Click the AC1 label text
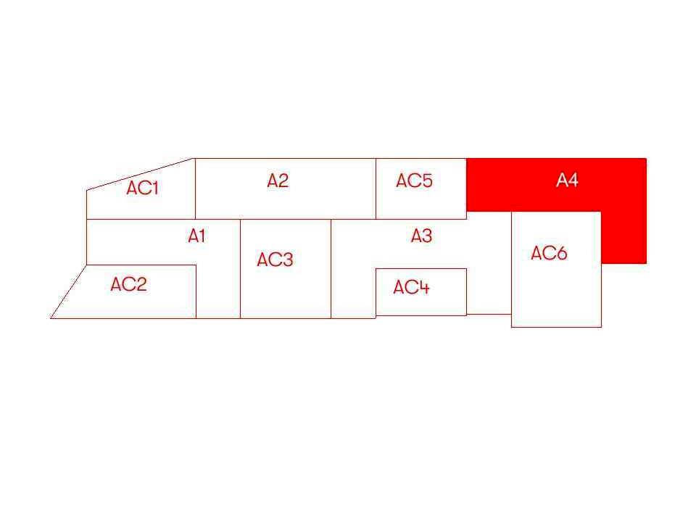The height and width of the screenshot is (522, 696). (142, 188)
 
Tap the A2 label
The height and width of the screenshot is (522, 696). (278, 181)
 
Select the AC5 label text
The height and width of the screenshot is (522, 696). (414, 181)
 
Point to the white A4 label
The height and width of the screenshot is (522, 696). (567, 180)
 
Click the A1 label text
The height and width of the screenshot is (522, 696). (196, 236)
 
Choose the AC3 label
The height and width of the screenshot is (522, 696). (275, 260)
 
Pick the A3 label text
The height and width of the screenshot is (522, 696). (421, 236)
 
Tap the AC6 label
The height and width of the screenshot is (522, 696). (549, 253)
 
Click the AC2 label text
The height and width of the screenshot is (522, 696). (129, 284)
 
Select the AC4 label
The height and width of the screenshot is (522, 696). (412, 287)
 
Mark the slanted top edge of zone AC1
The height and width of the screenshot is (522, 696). (141, 174)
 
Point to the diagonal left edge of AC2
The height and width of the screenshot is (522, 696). (68, 291)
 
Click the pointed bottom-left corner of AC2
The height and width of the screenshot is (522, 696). (51, 318)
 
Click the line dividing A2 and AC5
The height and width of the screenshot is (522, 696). (376, 188)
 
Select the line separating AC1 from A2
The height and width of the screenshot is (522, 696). (195, 188)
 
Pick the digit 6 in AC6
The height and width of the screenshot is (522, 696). (561, 253)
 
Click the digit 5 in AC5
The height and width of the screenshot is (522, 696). (427, 181)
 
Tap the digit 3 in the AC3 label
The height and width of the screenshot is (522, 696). (288, 260)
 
